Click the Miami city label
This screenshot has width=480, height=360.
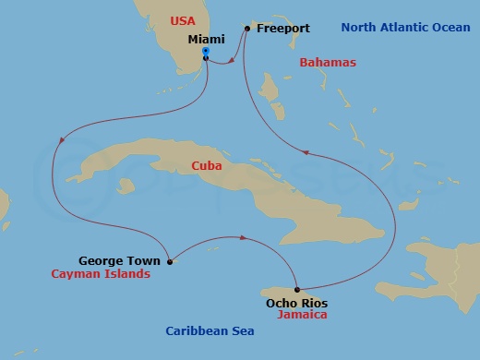point(207,40)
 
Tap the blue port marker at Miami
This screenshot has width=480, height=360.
point(205,52)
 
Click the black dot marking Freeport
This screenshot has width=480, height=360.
point(247,29)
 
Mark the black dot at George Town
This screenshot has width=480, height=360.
point(170,261)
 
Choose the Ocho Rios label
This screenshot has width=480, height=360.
point(296,302)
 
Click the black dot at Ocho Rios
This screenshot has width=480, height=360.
point(296,289)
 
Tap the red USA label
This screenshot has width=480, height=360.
point(181,19)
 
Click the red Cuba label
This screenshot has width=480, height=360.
point(205,166)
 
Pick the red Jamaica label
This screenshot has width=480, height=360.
point(301,315)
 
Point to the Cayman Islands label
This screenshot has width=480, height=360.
point(102,274)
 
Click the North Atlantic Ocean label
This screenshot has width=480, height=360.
point(404,28)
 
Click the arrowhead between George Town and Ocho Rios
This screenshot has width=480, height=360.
point(243,237)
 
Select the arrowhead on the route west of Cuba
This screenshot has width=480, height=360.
point(62,140)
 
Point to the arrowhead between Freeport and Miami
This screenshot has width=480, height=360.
point(230,61)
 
